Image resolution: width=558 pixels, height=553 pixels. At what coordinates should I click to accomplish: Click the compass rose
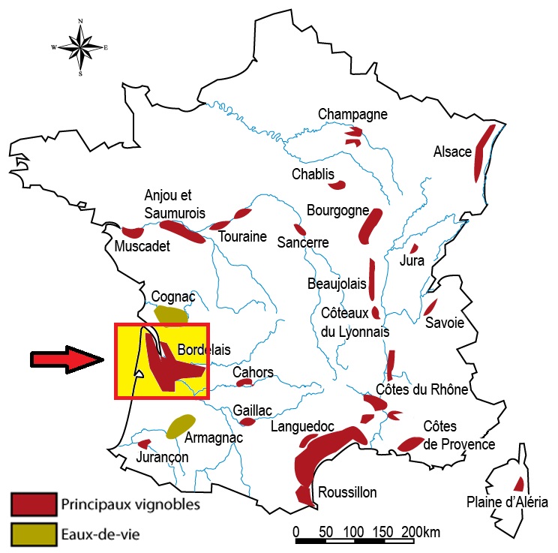(80, 47)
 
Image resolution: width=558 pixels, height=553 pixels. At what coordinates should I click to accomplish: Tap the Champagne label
(352, 114)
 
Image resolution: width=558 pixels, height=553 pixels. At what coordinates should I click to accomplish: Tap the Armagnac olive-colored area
(180, 425)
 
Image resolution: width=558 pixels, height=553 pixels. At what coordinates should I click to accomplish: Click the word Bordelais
(204, 350)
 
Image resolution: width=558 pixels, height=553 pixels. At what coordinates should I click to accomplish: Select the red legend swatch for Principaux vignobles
(33, 503)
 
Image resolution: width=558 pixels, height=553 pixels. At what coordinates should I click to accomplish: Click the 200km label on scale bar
(421, 532)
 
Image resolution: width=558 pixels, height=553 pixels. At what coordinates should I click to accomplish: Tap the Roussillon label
(347, 493)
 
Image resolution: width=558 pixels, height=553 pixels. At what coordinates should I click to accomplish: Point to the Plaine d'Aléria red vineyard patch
(518, 484)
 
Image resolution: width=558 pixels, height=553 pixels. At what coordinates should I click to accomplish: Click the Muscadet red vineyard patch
(133, 233)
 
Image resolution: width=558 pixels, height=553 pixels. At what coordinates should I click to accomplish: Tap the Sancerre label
(303, 242)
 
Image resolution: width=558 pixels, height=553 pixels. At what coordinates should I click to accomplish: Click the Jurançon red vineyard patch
(145, 443)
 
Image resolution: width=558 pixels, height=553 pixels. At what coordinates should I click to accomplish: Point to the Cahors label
(253, 373)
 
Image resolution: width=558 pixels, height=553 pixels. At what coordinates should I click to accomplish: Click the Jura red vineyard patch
(413, 248)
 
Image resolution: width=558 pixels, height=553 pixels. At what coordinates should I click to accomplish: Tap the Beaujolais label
(337, 284)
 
